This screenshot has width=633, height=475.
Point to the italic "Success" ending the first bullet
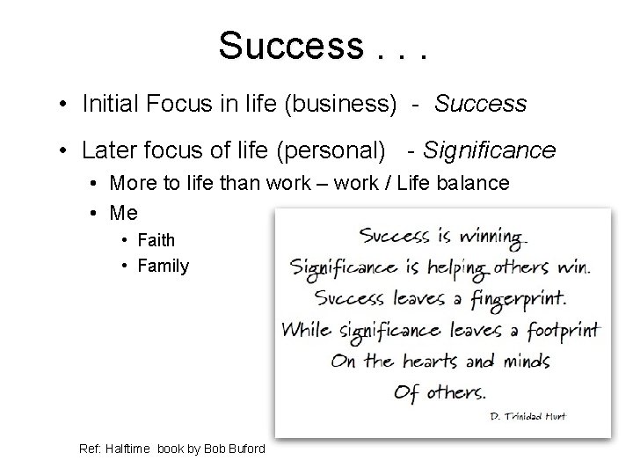point(480,105)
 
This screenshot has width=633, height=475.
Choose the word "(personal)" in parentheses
point(338,150)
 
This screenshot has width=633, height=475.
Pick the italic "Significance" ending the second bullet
point(489,150)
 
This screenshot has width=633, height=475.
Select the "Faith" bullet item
point(156,240)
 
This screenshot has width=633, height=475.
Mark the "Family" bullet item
point(163,265)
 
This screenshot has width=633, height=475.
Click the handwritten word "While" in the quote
point(306,331)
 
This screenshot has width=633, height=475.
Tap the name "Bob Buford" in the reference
point(238,449)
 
